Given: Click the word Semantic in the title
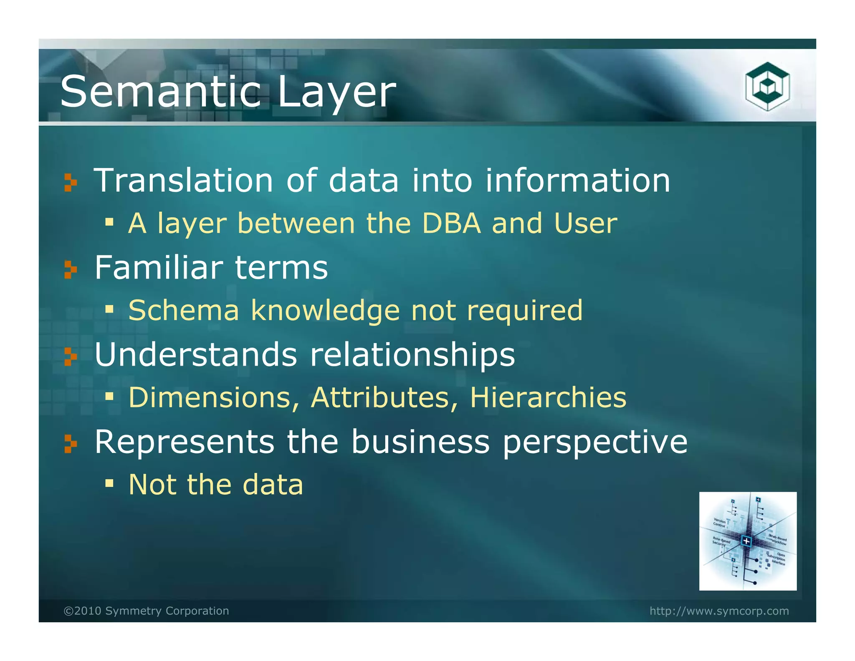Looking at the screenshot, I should (x=161, y=92).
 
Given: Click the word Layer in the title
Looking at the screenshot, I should (x=336, y=93).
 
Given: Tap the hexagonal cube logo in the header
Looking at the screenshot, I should (x=767, y=86).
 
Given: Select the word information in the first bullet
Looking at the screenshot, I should (x=578, y=181).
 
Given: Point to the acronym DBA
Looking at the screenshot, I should (x=451, y=223).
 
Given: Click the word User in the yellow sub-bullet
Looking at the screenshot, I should (x=585, y=223).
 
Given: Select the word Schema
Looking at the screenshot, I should (x=184, y=310).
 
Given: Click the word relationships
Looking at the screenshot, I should (x=412, y=355).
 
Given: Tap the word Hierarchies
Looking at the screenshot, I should (x=548, y=397).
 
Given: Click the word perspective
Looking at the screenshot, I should (x=594, y=442).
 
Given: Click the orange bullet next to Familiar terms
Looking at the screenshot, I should (x=71, y=269).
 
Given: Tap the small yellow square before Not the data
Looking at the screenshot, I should (x=109, y=483).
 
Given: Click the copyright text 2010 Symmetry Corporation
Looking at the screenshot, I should (x=146, y=611).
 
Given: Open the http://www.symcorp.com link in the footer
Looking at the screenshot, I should (x=719, y=611).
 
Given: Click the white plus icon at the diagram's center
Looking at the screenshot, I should (x=746, y=542).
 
